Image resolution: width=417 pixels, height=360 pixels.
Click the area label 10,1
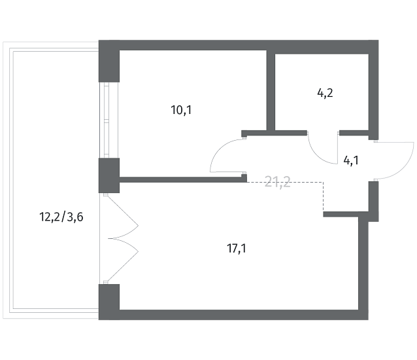tap(181, 110)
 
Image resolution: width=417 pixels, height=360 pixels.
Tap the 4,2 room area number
tap(325, 93)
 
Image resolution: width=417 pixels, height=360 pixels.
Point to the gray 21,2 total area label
tap(277, 182)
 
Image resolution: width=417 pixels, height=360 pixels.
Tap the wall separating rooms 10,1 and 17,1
tap(180, 178)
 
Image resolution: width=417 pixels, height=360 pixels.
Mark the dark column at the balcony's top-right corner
tap(108, 62)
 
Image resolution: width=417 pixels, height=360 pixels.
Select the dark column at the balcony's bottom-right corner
tap(108, 300)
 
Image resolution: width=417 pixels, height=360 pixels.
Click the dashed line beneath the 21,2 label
tap(288, 183)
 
